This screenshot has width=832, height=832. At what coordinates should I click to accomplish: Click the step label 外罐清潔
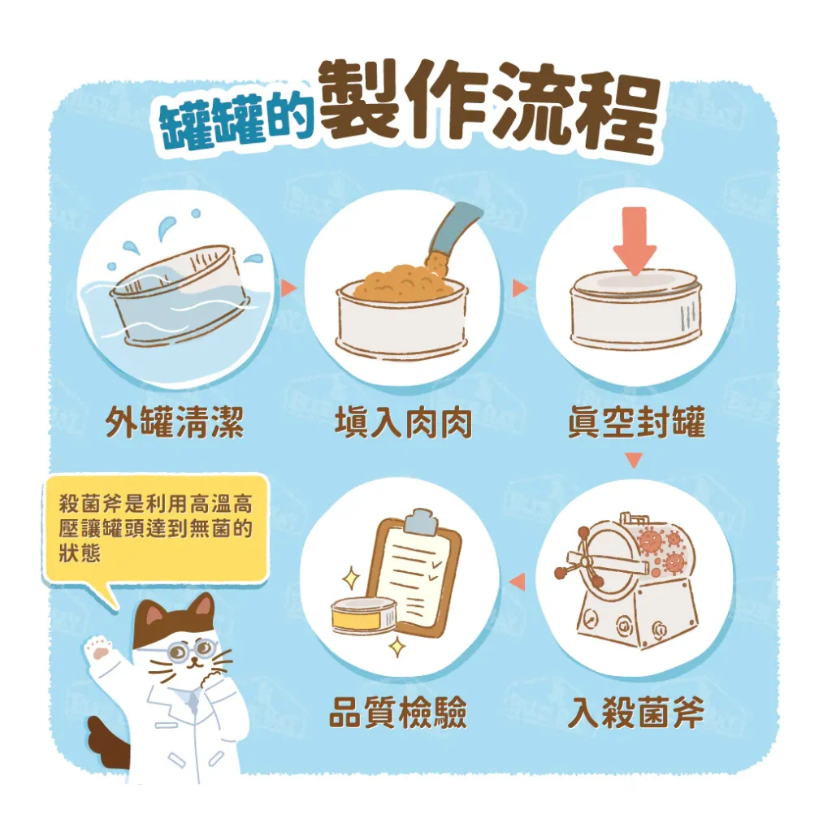(x=175, y=423)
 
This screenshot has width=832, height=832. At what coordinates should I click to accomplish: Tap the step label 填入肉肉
(x=403, y=423)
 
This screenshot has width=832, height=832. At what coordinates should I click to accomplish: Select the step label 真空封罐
(x=636, y=423)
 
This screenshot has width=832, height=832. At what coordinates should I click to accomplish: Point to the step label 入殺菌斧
(x=636, y=714)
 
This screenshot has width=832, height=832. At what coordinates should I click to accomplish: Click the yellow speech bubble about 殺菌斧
(x=155, y=527)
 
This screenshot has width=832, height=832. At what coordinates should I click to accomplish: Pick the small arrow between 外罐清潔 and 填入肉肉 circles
(x=287, y=287)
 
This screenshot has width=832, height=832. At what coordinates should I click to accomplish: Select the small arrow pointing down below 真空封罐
(x=634, y=461)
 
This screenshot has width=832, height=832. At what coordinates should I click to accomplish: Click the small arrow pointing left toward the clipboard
(x=518, y=580)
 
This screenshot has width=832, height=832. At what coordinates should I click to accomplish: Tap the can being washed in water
(x=175, y=297)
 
